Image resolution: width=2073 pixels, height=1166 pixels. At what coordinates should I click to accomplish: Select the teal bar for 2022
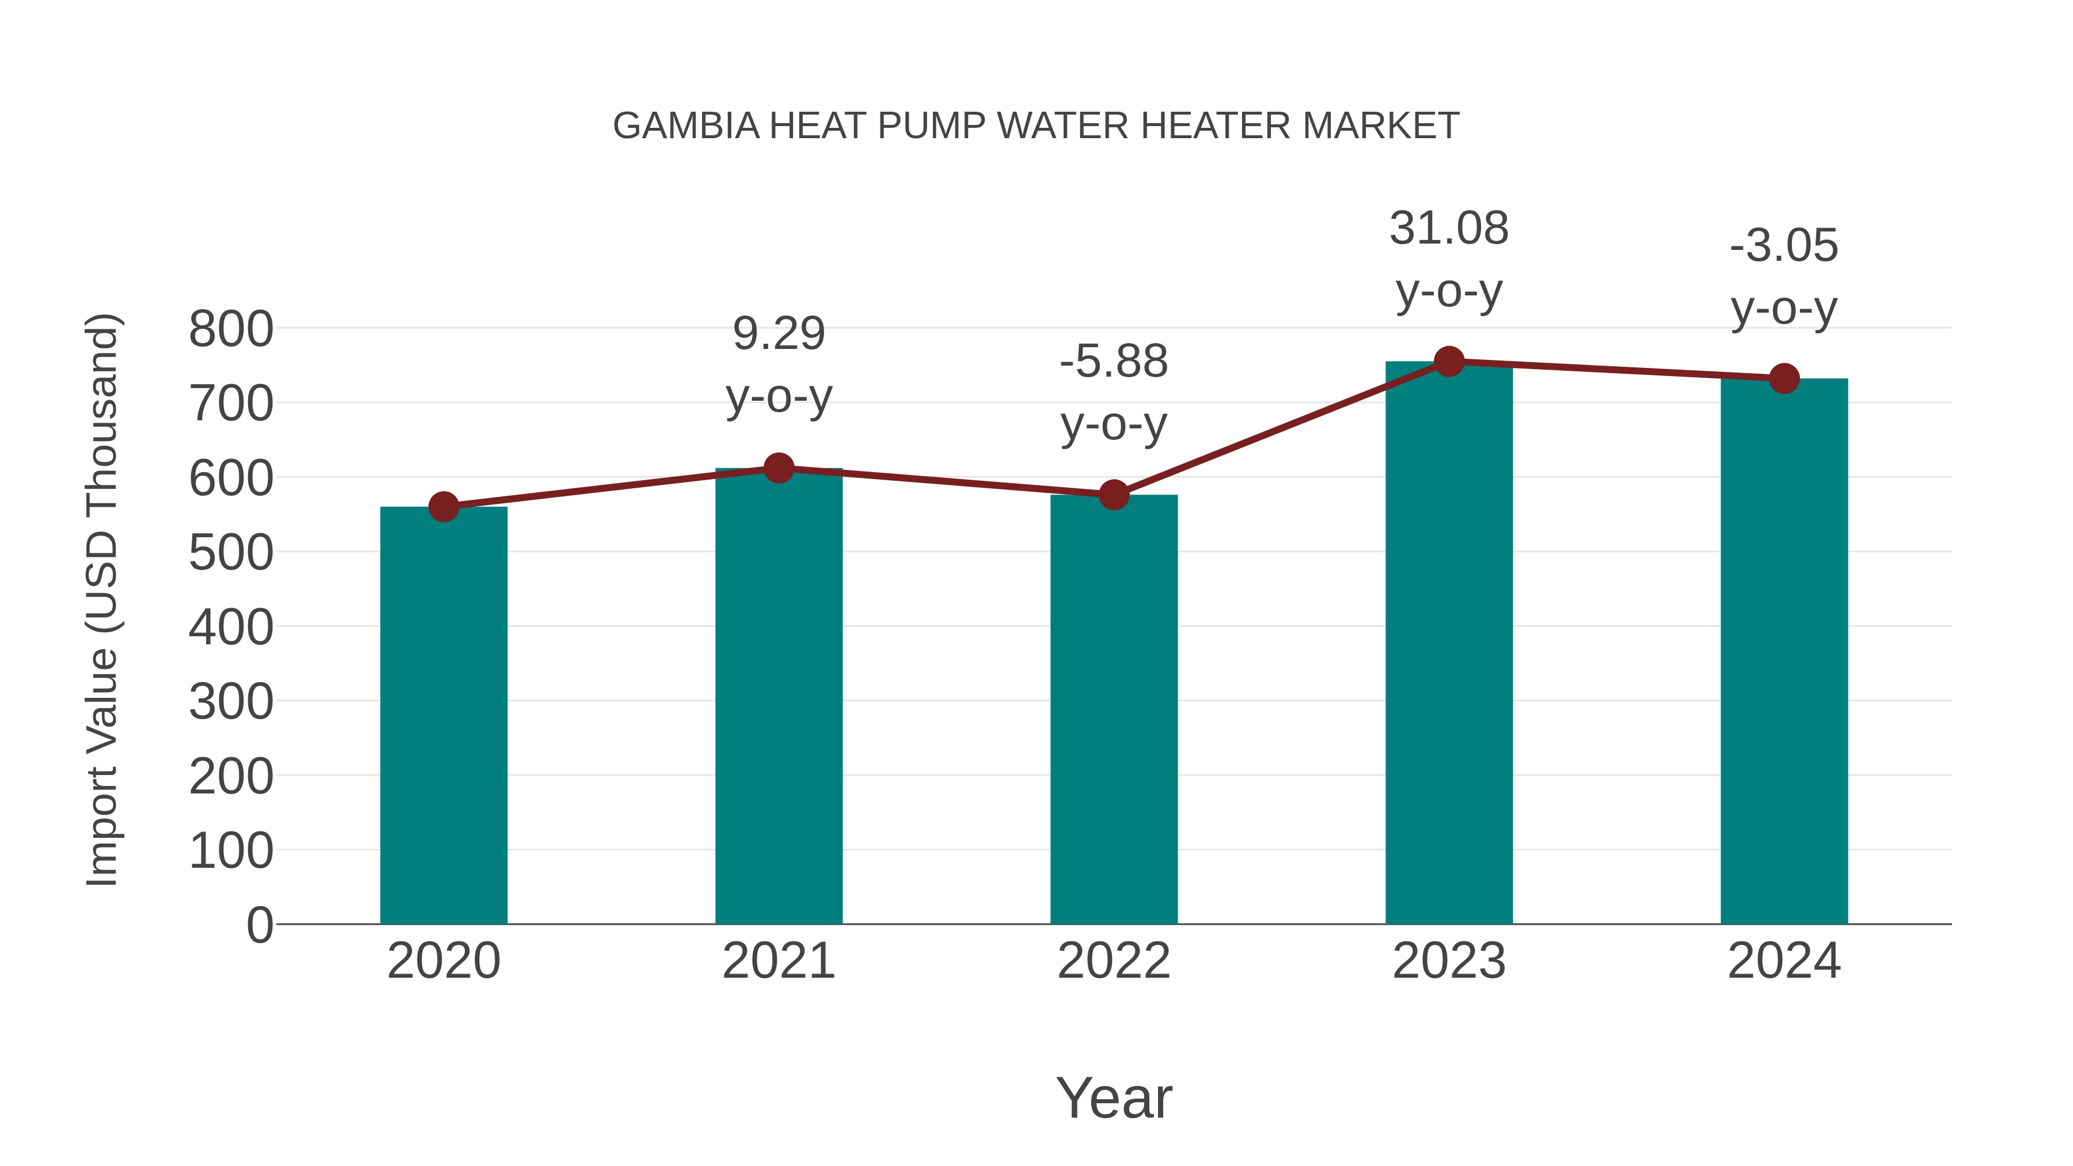click(x=1114, y=708)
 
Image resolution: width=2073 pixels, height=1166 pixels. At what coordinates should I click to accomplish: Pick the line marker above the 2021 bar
click(x=778, y=468)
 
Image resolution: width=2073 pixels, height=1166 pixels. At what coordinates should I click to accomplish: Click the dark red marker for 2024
click(x=1784, y=378)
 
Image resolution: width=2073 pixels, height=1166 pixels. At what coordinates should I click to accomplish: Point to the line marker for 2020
click(x=443, y=507)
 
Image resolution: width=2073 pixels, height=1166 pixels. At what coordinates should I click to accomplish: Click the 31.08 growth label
click(x=1449, y=229)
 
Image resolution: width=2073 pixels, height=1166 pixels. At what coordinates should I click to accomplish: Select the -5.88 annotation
click(x=1114, y=361)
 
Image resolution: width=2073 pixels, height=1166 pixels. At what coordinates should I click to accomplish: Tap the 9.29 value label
click(x=778, y=334)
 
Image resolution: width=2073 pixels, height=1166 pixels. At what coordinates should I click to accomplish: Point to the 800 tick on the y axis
click(x=231, y=329)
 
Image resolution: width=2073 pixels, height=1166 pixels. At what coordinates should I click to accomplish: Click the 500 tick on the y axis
click(x=231, y=553)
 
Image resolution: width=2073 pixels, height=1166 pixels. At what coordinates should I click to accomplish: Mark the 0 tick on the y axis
click(x=259, y=925)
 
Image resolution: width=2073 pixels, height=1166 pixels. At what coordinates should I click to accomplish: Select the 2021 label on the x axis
click(x=778, y=961)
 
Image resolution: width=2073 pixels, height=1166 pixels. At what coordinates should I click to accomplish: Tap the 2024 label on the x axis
click(x=1784, y=961)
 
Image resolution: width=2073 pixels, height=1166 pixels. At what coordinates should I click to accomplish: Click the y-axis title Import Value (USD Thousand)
click(x=103, y=599)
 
